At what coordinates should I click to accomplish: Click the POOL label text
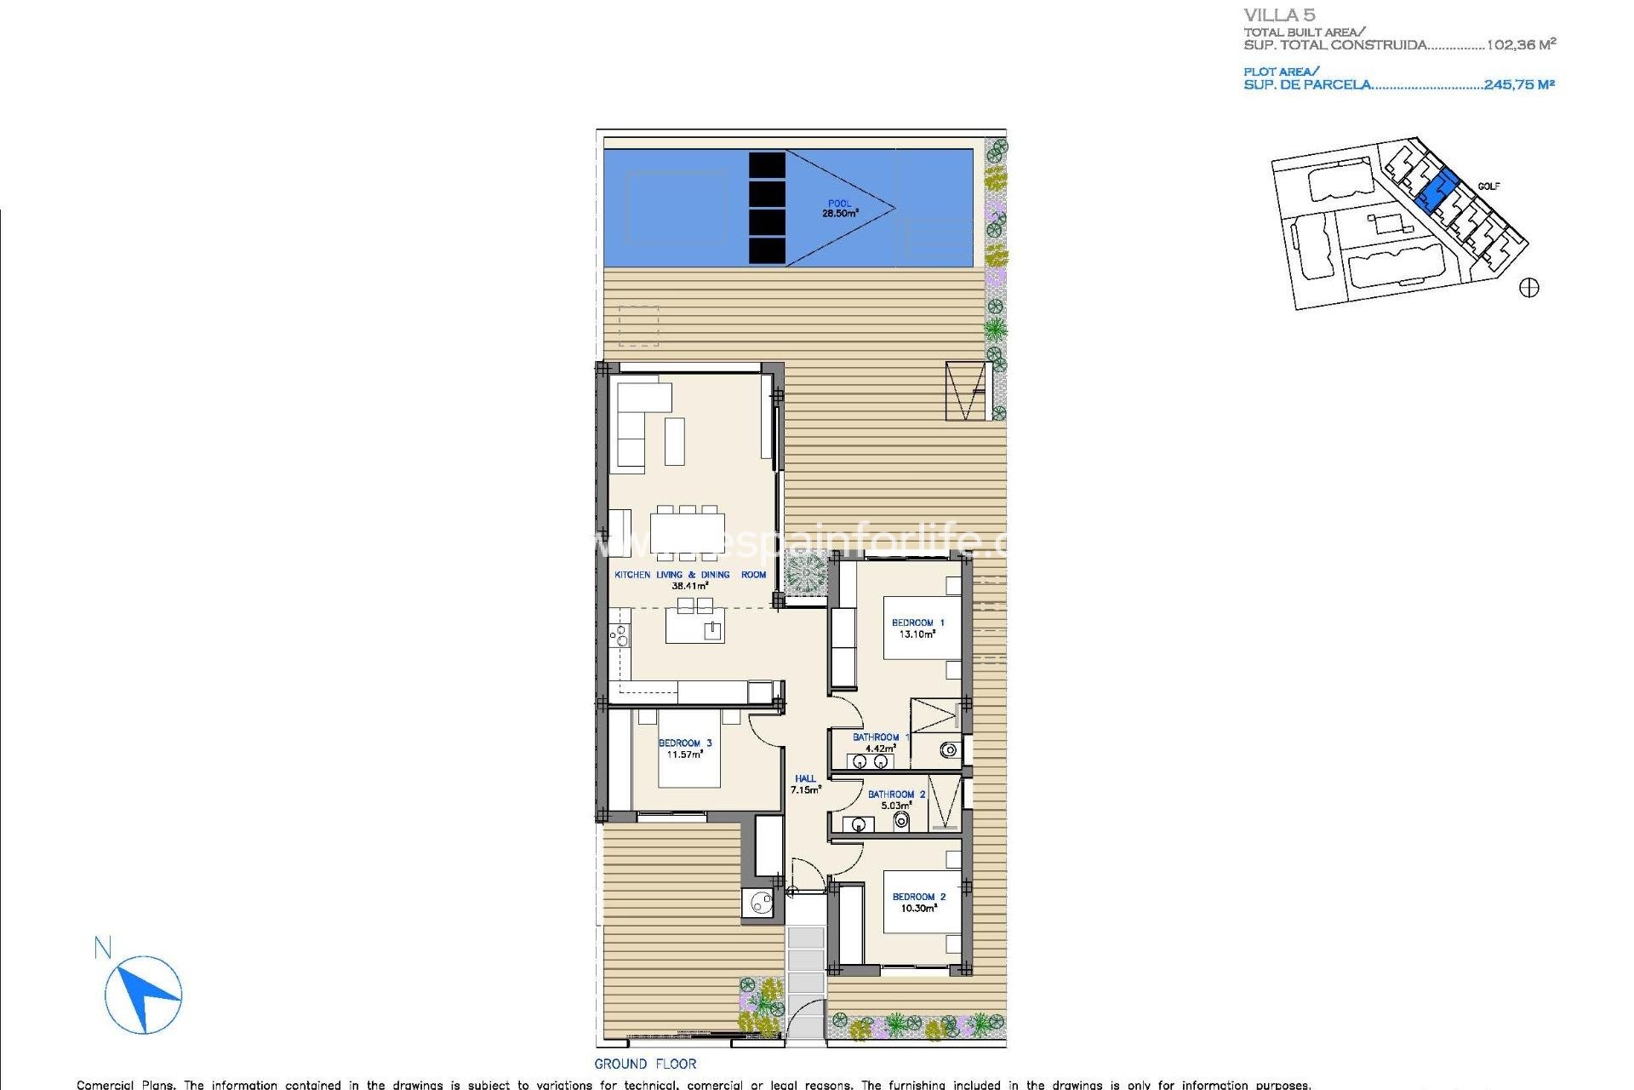[x=839, y=204]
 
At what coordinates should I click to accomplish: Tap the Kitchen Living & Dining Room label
[x=690, y=575]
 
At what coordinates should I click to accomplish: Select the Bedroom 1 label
[x=917, y=622]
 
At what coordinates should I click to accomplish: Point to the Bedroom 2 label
[x=918, y=897]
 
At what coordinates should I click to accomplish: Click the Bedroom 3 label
[x=685, y=743]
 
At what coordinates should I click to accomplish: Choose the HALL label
[x=805, y=778]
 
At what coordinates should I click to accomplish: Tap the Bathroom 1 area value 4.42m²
[x=880, y=749]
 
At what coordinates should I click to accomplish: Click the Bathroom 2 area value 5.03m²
[x=895, y=806]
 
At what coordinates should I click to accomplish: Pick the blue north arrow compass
[x=143, y=994]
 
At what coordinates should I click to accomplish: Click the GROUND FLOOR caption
[x=645, y=1064]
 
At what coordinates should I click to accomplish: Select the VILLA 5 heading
[x=1279, y=15]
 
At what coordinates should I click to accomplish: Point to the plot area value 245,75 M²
[x=1519, y=84]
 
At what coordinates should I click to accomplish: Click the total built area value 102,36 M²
[x=1521, y=44]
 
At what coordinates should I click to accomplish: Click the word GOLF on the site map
[x=1488, y=186]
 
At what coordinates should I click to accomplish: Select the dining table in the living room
[x=688, y=532]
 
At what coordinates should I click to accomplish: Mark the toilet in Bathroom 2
[x=901, y=821]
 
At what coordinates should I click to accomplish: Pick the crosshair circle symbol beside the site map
[x=1529, y=288]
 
